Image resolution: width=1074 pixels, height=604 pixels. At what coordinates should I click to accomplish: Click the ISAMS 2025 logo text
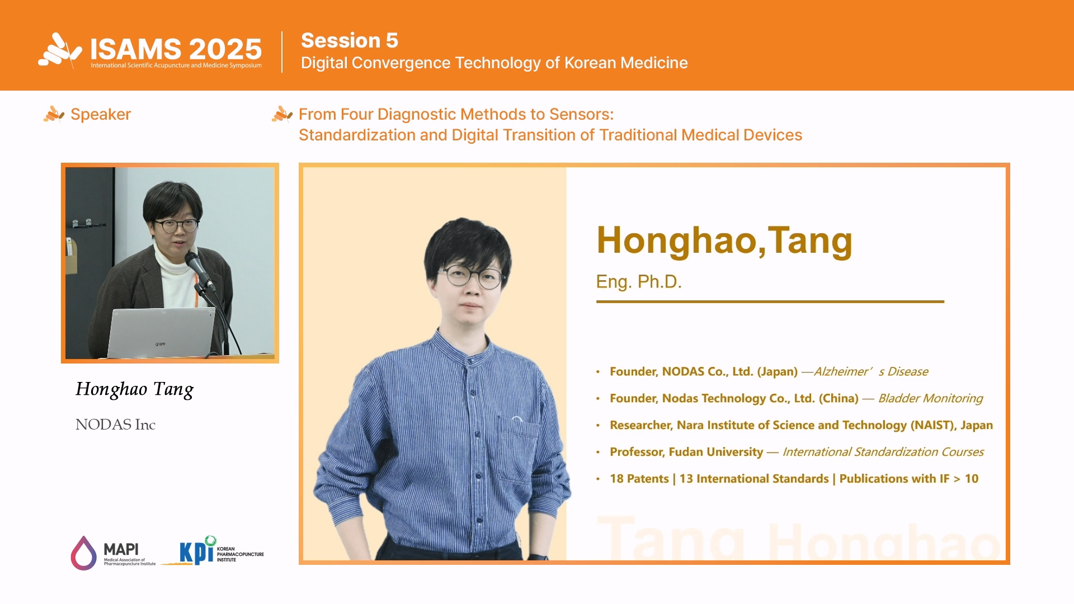pyautogui.click(x=176, y=49)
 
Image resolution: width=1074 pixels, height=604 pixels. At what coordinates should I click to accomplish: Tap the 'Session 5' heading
pyautogui.click(x=350, y=40)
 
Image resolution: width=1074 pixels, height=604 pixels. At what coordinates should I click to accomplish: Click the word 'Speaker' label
pyautogui.click(x=101, y=114)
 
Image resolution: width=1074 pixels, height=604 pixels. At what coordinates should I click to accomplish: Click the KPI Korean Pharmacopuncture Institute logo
pyautogui.click(x=213, y=551)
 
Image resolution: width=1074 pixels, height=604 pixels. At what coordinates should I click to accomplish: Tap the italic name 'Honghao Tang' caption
pyautogui.click(x=135, y=389)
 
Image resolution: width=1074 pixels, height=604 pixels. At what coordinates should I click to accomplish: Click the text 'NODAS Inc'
pyautogui.click(x=115, y=424)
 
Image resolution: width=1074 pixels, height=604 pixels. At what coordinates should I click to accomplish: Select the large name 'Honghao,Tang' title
pyautogui.click(x=724, y=240)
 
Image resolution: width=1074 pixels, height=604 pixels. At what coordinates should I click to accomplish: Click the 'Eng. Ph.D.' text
pyautogui.click(x=639, y=281)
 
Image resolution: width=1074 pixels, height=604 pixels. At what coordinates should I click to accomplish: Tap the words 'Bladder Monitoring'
pyautogui.click(x=930, y=398)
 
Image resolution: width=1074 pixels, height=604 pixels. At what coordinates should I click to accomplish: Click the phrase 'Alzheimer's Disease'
pyautogui.click(x=870, y=371)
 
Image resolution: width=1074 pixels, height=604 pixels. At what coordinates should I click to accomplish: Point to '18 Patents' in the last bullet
pyautogui.click(x=639, y=479)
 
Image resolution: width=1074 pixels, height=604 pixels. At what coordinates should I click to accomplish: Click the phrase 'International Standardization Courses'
pyautogui.click(x=883, y=452)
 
